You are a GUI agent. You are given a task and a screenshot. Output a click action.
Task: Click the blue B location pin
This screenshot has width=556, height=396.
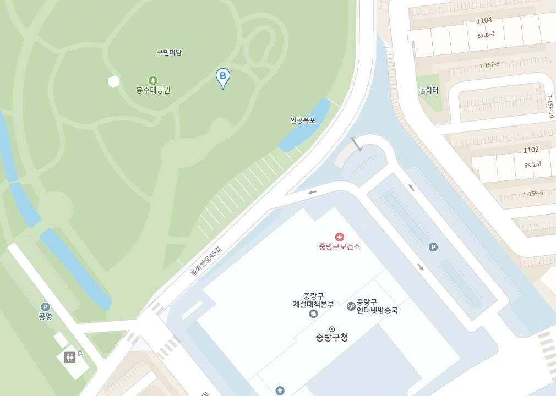222,78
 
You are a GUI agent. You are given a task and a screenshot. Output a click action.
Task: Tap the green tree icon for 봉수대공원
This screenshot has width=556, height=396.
153,80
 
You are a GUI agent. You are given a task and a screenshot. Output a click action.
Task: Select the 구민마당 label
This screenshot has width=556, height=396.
169,53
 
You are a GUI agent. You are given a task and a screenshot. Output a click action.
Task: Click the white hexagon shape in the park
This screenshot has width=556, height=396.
114,81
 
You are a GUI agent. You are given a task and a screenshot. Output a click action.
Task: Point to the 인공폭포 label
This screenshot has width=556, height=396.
303,120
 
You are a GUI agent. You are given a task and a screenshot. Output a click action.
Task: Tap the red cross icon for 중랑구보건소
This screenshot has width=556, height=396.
339,237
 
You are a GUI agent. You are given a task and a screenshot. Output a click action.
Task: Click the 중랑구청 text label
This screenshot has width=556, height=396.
332,337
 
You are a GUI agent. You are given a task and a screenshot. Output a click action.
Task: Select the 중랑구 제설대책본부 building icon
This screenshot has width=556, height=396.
313,313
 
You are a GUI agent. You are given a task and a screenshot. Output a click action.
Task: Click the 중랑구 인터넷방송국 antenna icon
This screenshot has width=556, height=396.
351,306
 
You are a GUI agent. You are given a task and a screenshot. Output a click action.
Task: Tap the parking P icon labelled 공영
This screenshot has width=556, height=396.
45,307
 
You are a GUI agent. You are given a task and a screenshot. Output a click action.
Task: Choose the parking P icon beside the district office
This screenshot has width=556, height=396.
433,247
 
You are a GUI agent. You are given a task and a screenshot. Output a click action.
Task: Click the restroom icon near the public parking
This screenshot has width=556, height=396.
70,357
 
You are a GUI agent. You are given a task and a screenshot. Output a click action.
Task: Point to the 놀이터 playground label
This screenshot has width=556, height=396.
428,90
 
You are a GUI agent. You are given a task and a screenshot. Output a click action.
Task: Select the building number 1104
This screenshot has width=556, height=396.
484,20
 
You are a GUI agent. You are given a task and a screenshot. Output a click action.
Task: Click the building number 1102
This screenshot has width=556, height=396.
531,150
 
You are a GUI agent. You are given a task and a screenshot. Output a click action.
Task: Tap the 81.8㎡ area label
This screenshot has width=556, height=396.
486,35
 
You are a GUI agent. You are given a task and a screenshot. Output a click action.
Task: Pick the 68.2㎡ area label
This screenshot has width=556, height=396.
532,164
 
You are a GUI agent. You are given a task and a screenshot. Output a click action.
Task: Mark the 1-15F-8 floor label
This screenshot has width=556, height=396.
489,65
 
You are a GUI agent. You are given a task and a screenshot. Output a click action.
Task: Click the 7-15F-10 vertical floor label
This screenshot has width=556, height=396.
550,106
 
